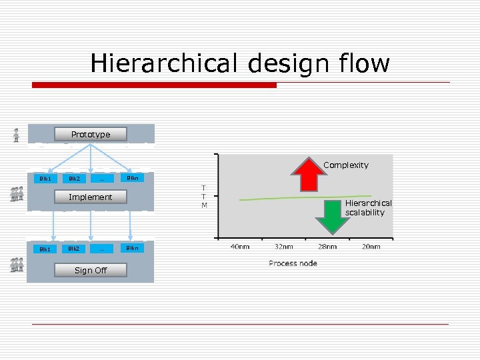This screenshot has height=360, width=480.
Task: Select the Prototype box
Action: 91,134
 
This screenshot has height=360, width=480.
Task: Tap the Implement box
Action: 91,197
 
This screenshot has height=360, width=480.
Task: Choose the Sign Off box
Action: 91,270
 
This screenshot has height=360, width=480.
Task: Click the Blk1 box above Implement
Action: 45,178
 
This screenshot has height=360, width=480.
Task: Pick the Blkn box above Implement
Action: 133,178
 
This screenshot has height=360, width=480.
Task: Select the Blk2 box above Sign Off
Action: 73,249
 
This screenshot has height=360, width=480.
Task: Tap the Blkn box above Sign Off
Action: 133,249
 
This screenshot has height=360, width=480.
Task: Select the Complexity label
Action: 345,165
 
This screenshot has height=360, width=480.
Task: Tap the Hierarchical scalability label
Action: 368,207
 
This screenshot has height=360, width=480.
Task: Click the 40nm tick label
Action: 240,247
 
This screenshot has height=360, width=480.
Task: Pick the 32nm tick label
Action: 283,247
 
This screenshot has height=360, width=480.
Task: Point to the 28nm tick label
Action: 327,247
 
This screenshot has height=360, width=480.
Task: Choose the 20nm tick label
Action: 371,247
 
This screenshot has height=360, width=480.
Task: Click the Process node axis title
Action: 293,263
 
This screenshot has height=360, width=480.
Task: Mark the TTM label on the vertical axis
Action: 204,196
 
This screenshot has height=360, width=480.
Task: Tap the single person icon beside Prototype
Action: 16,135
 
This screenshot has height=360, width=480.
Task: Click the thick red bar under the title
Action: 154,85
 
